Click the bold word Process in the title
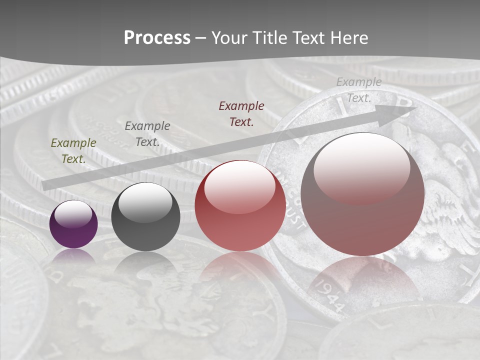[x=157, y=38]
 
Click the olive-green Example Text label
[x=73, y=150]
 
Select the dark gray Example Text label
[x=147, y=133]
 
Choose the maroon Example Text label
[x=241, y=113]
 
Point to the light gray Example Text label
[x=359, y=90]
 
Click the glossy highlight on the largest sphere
[x=361, y=166]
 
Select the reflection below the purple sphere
[x=73, y=256]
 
